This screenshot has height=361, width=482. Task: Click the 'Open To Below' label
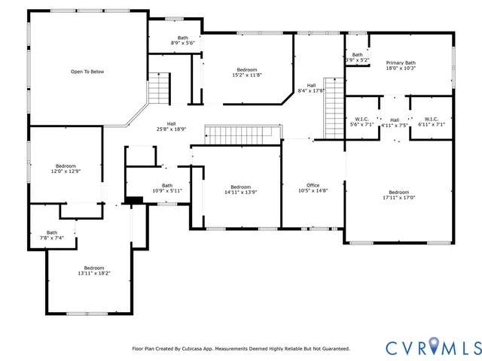[87, 71]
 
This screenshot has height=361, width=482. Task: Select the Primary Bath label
[400, 65]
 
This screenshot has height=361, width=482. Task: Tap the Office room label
[313, 188]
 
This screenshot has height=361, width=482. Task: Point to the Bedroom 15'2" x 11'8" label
[248, 72]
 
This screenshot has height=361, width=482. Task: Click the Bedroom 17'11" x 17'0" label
[398, 195]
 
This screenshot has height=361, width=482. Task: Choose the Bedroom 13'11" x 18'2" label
[94, 271]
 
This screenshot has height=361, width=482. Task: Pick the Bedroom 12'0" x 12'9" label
[66, 168]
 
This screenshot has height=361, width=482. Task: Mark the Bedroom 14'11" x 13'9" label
[240, 190]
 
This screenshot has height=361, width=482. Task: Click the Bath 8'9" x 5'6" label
[183, 41]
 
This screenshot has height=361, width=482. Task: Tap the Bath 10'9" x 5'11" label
[166, 188]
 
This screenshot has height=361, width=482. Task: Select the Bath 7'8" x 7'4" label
[52, 235]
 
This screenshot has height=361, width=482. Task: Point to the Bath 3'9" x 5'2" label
[357, 57]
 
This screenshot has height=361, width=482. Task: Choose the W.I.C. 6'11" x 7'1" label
[431, 122]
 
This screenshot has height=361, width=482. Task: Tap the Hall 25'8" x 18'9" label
[171, 126]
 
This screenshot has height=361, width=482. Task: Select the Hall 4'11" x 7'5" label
[395, 123]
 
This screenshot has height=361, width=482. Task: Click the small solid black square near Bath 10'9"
[135, 200]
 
